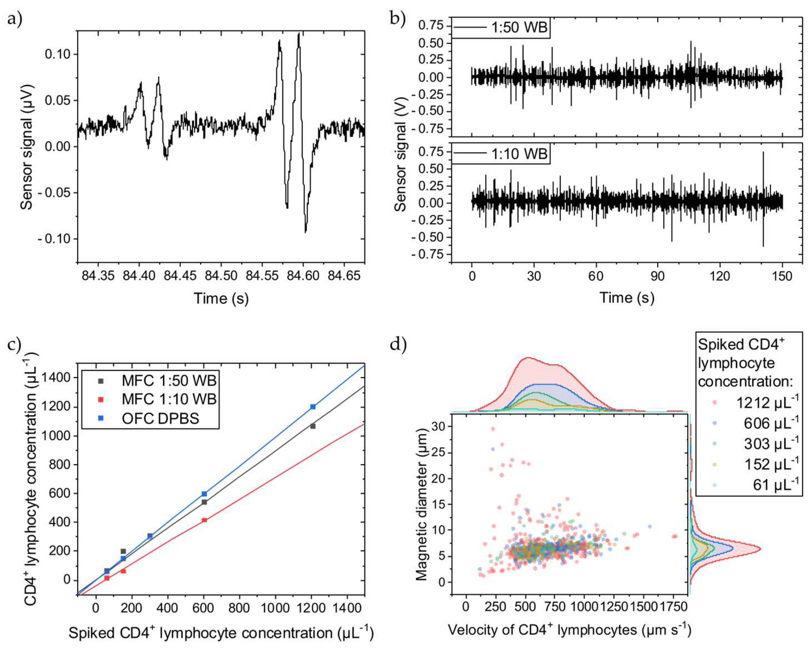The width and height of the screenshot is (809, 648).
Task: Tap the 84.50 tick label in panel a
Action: click(221, 276)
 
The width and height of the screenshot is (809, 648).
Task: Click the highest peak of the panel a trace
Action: click(299, 34)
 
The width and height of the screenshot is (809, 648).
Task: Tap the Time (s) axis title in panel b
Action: click(627, 298)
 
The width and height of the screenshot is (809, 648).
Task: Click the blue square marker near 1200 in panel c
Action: click(313, 407)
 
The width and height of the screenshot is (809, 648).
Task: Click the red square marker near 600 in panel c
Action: click(204, 520)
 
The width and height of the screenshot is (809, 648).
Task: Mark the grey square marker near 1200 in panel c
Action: click(313, 426)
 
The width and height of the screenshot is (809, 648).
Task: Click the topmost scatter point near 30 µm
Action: click(493, 429)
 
